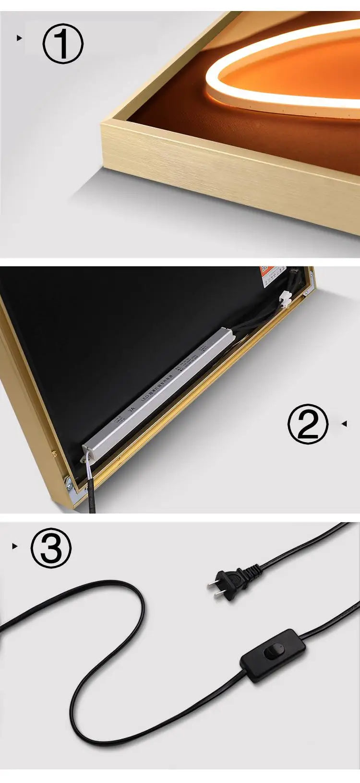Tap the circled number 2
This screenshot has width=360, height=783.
tap(308, 424)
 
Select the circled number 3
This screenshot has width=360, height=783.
tap(51, 547)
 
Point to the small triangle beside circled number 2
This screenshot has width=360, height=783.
tap(343, 423)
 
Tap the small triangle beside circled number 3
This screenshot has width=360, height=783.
tap(14, 546)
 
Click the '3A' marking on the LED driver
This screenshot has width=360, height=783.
tap(132, 411)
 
